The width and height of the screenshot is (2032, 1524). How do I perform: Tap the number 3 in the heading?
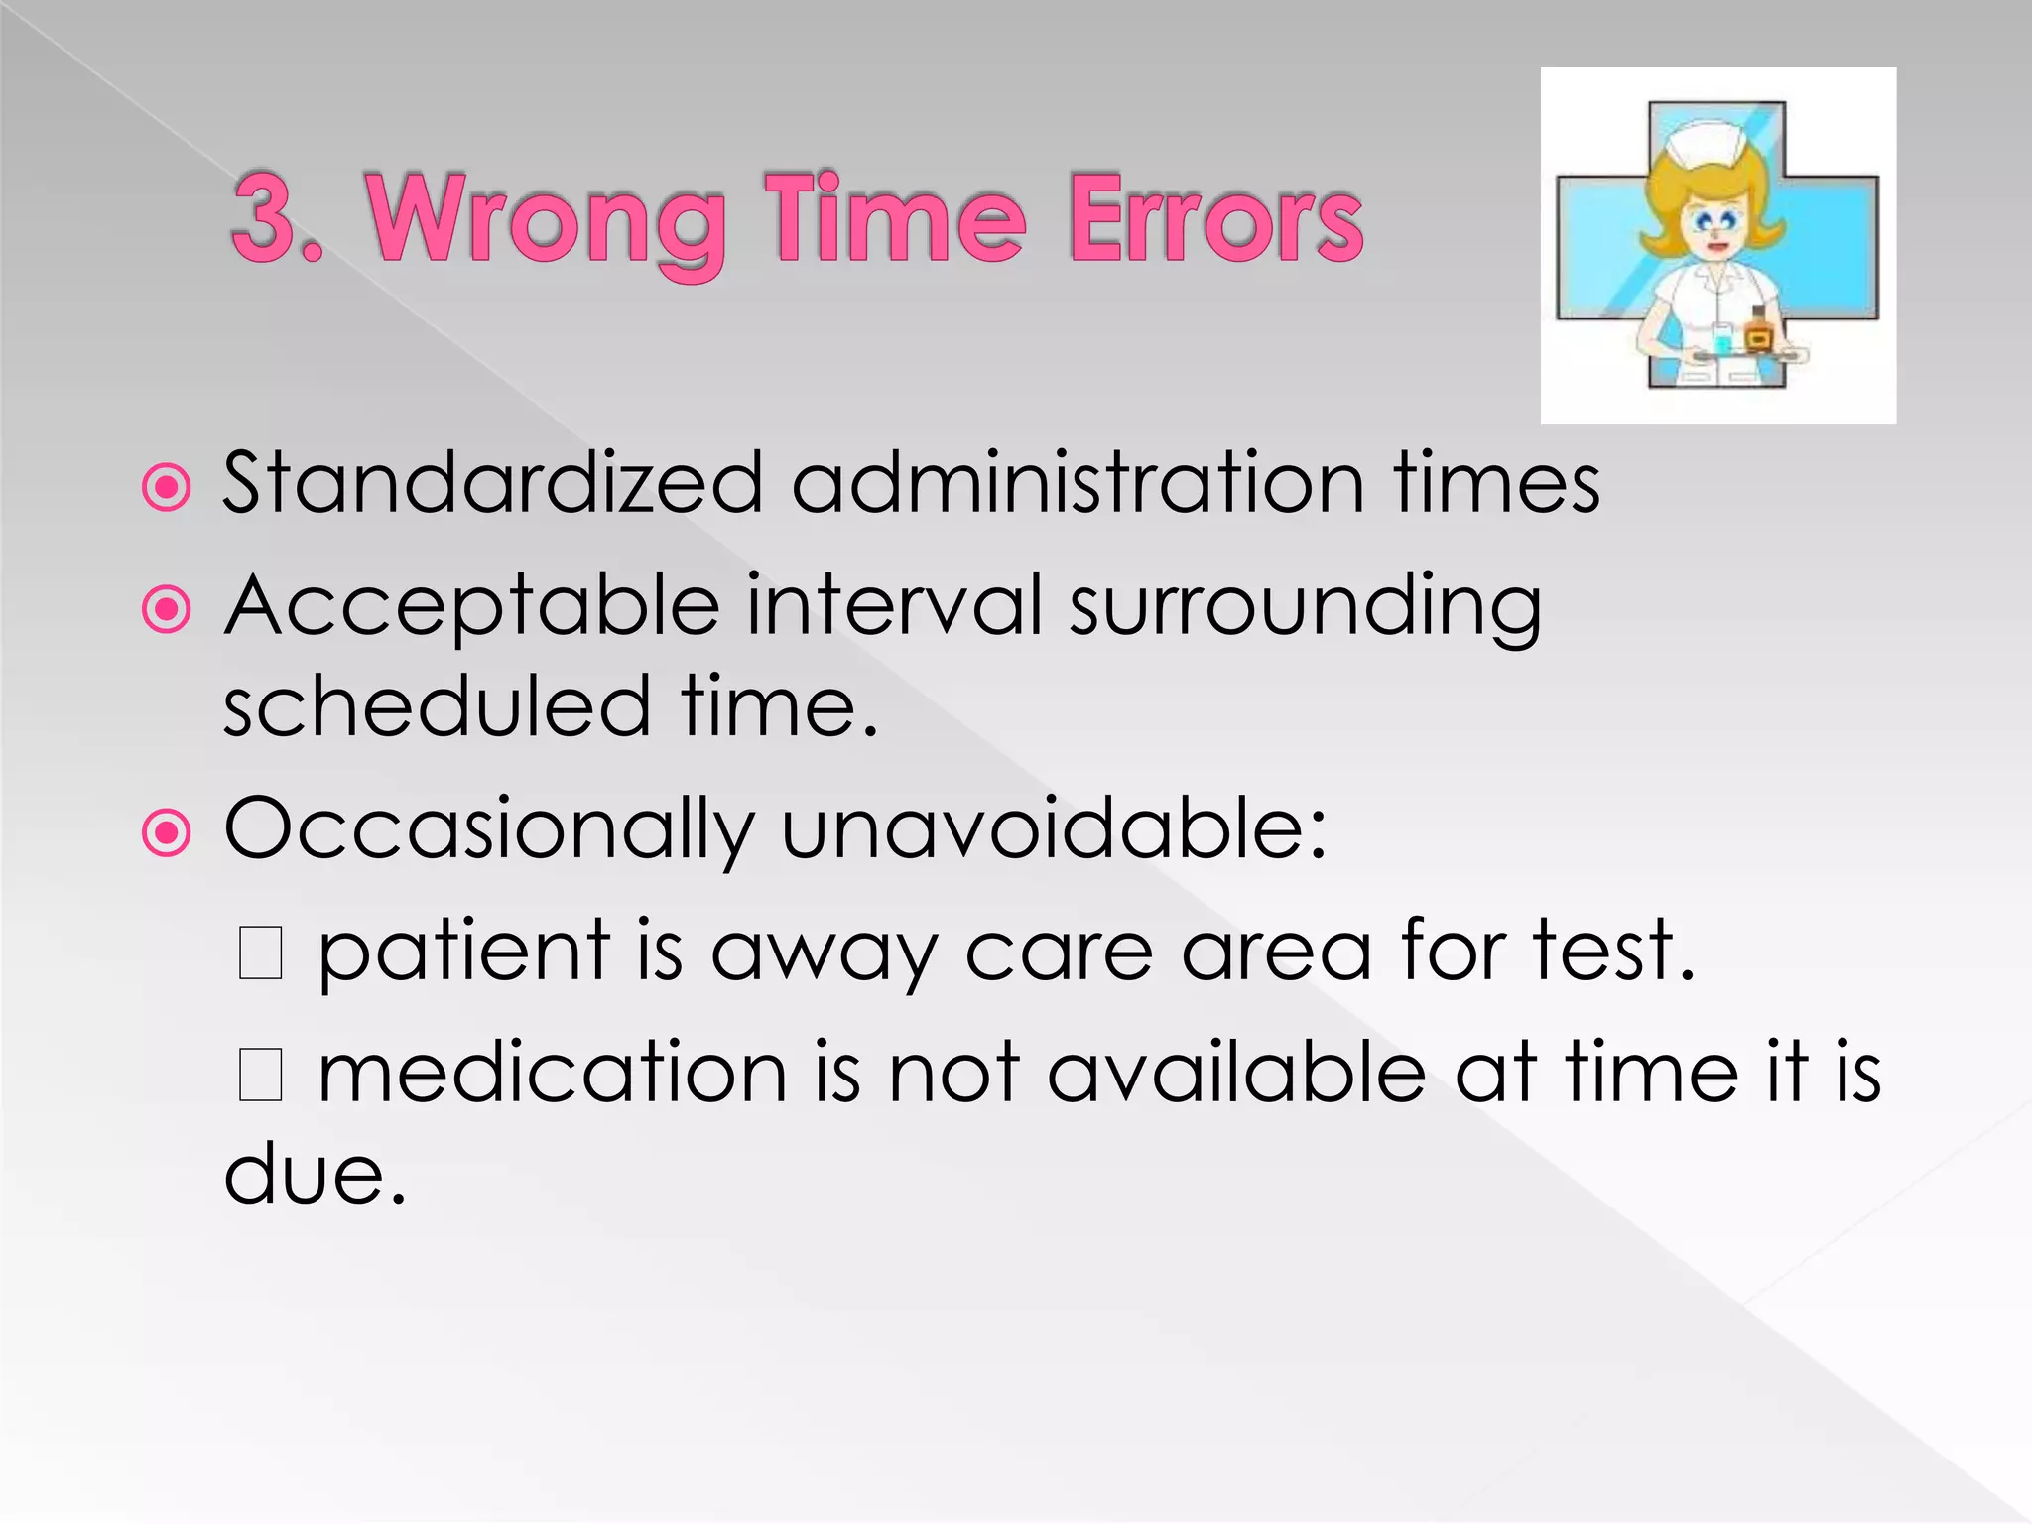click(x=266, y=218)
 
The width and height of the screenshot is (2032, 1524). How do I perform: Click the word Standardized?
click(x=492, y=483)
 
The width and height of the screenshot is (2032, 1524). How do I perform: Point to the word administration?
click(x=1078, y=483)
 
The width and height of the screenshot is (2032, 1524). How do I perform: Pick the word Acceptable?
click(x=472, y=607)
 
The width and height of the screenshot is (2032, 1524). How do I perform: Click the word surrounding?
click(x=1305, y=607)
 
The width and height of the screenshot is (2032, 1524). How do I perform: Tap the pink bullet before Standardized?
click(x=166, y=487)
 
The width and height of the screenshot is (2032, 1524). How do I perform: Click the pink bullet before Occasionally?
click(x=166, y=833)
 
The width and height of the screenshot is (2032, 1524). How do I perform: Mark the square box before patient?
click(x=261, y=952)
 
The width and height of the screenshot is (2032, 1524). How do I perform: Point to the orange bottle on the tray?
click(x=1758, y=333)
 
